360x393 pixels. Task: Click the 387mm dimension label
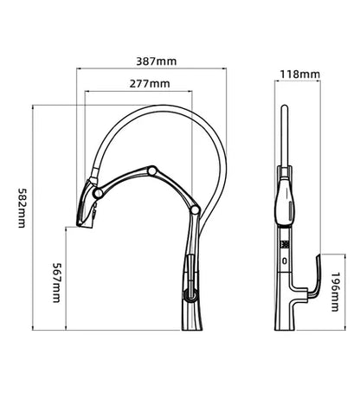[156, 61]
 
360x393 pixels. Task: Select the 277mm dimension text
[150, 84]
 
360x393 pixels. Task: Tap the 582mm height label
[22, 208]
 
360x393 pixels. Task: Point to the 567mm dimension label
[56, 282]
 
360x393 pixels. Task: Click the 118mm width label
[300, 74]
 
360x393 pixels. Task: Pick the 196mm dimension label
[335, 292]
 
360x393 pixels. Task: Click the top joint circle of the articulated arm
[152, 171]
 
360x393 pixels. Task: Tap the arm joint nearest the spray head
[99, 193]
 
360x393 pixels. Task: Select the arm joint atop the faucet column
[195, 210]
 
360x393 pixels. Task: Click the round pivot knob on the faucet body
[190, 295]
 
